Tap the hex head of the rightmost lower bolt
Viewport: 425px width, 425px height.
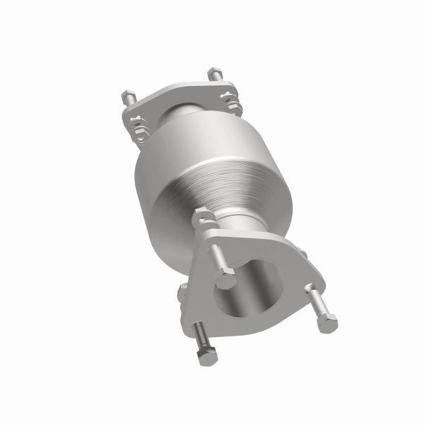pos(328,322)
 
